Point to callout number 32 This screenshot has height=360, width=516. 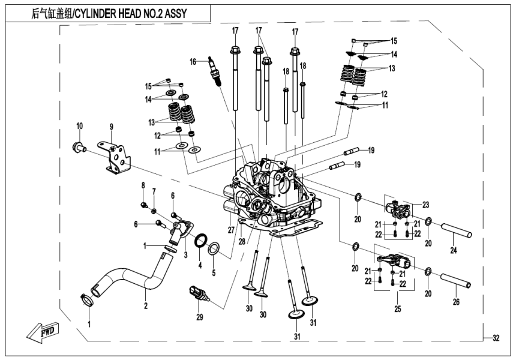(495, 338)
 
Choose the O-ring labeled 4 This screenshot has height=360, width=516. (203, 238)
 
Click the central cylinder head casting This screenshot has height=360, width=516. (270, 192)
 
